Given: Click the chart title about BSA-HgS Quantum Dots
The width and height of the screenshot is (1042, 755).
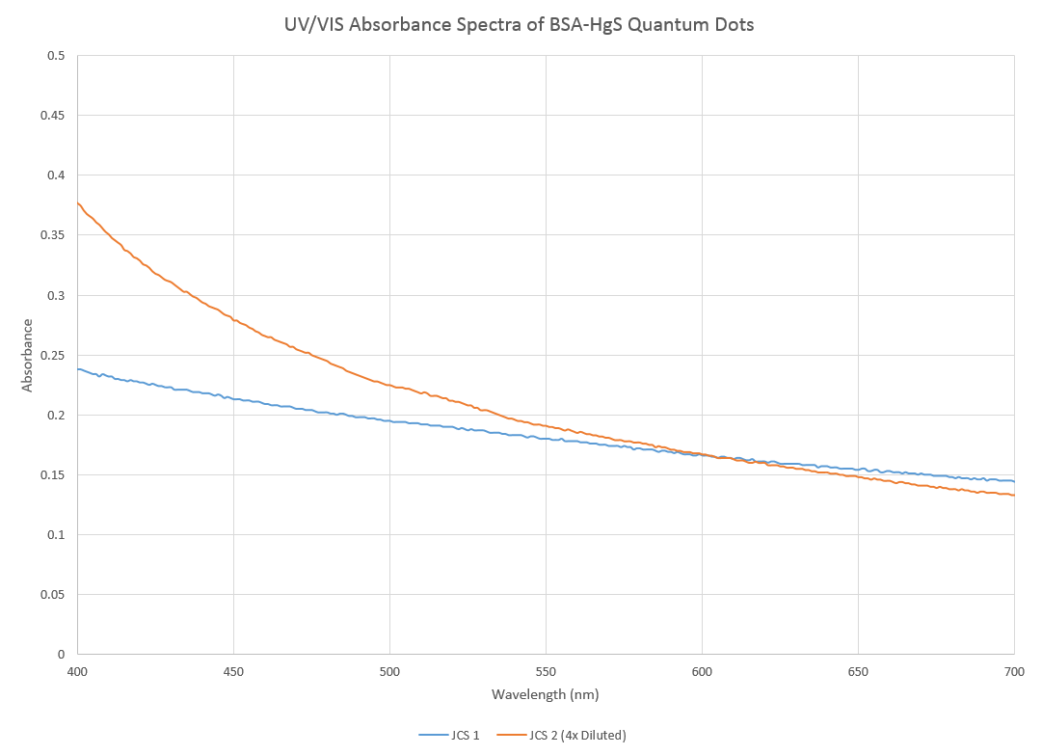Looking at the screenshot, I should click(521, 25).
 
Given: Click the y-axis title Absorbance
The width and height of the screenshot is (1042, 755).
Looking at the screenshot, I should click(27, 355).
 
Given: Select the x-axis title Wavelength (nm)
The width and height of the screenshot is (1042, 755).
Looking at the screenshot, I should click(546, 694).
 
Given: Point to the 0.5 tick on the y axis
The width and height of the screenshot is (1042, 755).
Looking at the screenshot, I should click(56, 56).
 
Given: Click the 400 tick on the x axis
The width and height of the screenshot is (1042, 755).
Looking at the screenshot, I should click(77, 671).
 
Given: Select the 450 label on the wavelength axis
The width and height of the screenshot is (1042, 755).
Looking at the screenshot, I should click(233, 671).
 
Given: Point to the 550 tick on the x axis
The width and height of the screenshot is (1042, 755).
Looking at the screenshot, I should click(546, 671).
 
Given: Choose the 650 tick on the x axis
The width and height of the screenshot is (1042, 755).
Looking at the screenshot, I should click(858, 671).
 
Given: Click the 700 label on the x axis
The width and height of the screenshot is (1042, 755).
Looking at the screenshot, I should click(1014, 671).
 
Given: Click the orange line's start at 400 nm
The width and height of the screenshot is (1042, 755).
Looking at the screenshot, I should click(78, 202).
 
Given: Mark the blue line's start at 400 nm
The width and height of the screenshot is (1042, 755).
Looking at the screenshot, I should click(78, 369).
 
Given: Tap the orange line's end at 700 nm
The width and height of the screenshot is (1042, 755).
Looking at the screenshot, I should click(1014, 495).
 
